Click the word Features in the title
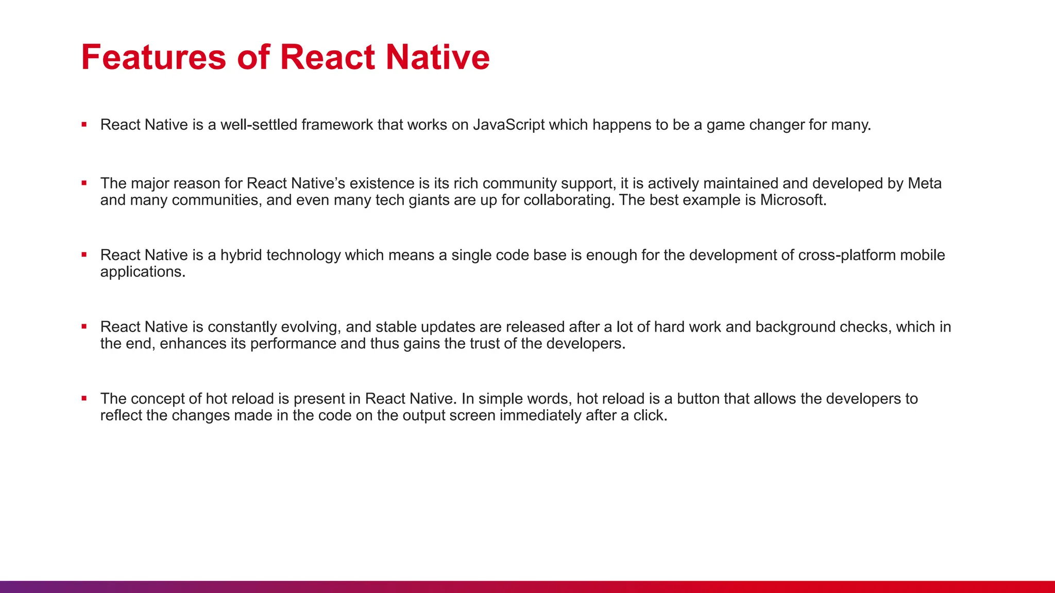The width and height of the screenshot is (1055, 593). click(x=154, y=57)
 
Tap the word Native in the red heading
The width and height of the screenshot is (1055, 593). click(x=437, y=57)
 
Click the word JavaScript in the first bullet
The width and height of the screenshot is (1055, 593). click(x=508, y=125)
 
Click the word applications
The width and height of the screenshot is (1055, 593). click(x=142, y=272)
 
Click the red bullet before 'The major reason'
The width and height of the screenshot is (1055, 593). click(x=84, y=183)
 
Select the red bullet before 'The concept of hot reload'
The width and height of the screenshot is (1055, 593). click(x=84, y=398)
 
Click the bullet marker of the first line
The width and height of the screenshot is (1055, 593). click(x=84, y=124)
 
